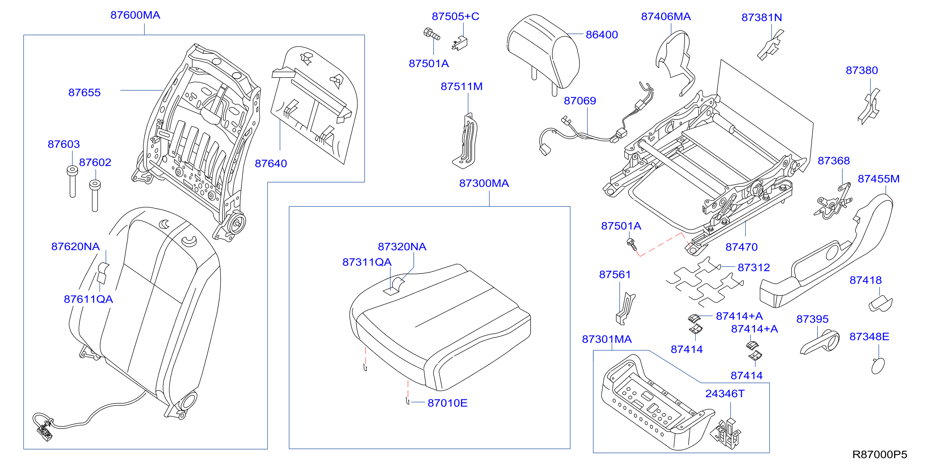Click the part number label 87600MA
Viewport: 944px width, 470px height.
pyautogui.click(x=135, y=15)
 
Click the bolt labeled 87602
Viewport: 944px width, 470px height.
pyautogui.click(x=95, y=196)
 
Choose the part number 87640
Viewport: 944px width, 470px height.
pyautogui.click(x=271, y=163)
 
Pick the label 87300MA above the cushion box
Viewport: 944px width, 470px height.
pyautogui.click(x=484, y=183)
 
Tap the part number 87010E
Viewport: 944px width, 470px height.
pyautogui.click(x=447, y=403)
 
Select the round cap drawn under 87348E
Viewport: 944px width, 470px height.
pyautogui.click(x=878, y=365)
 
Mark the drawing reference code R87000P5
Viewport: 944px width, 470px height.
pyautogui.click(x=879, y=454)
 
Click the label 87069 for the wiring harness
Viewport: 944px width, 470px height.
pyautogui.click(x=580, y=101)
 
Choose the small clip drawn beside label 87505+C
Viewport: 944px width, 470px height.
pyautogui.click(x=460, y=43)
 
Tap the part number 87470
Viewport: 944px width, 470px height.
pyautogui.click(x=741, y=247)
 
